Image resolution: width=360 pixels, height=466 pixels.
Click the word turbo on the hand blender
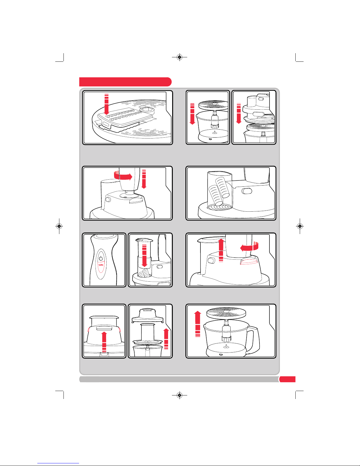(x=101, y=265)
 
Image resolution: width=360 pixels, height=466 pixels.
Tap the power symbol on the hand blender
(x=101, y=258)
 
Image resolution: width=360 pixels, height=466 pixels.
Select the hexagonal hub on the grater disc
(x=147, y=111)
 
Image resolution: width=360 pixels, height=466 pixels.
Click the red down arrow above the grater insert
(x=106, y=104)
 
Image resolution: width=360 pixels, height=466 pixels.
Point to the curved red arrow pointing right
(x=123, y=176)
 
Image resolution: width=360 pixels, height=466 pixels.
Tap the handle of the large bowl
(x=253, y=340)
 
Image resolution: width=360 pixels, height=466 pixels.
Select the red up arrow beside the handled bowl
(x=198, y=324)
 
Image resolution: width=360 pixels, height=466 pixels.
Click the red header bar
(x=125, y=82)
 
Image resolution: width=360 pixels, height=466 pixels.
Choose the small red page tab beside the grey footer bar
(x=287, y=379)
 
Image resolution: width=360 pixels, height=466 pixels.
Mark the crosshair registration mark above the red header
(x=180, y=57)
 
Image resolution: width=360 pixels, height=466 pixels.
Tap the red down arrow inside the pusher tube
(x=144, y=255)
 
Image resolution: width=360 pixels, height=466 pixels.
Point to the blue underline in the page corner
(x=58, y=463)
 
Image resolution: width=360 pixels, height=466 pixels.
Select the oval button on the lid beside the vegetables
(x=247, y=191)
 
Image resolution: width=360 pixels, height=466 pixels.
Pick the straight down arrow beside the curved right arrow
(x=144, y=179)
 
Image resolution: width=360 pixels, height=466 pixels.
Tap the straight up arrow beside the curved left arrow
(x=221, y=250)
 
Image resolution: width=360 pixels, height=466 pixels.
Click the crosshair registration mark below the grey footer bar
(x=180, y=395)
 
